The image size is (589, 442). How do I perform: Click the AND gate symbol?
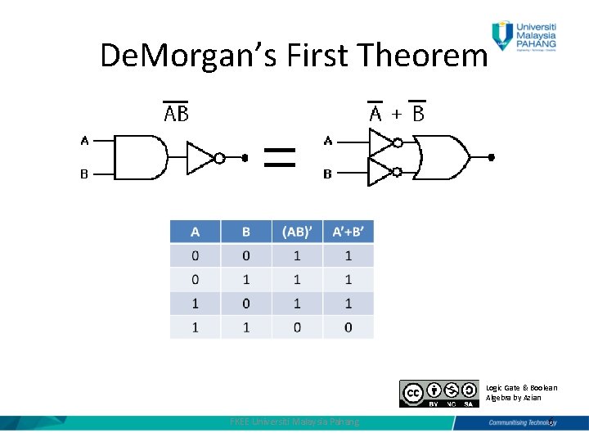(x=141, y=157)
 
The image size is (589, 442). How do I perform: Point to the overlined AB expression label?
(x=176, y=113)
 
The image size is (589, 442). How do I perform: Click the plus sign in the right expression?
(x=396, y=114)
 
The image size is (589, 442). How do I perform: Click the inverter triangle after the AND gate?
(x=201, y=158)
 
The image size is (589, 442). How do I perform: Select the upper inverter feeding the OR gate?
(x=381, y=142)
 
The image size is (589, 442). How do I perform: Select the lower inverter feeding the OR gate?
(x=381, y=173)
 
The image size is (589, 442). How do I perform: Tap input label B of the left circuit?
(x=83, y=174)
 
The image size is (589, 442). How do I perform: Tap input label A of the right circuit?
(x=328, y=141)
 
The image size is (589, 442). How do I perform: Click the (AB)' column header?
(x=297, y=232)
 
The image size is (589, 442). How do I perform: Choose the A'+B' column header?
(x=348, y=232)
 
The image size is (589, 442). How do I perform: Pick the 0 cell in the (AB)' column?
(x=297, y=327)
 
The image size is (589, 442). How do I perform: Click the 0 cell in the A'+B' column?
(x=348, y=327)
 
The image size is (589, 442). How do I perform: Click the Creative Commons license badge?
(x=439, y=394)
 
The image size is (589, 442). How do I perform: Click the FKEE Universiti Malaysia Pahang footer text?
(x=294, y=422)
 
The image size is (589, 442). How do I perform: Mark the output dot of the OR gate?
(x=492, y=157)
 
